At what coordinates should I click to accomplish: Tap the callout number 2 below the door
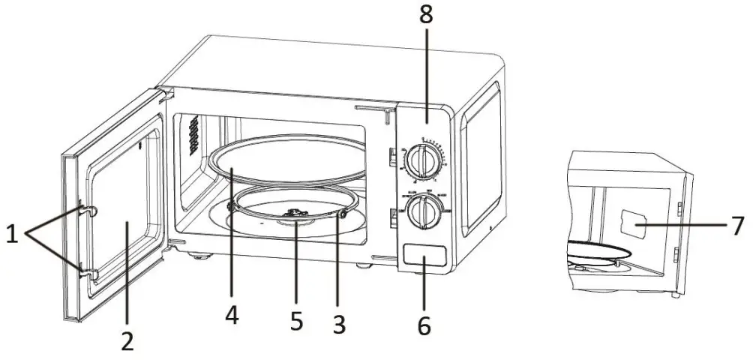127,341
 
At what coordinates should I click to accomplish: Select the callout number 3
339,324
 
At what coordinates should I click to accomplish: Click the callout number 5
296,320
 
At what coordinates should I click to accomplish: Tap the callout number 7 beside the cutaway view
739,224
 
